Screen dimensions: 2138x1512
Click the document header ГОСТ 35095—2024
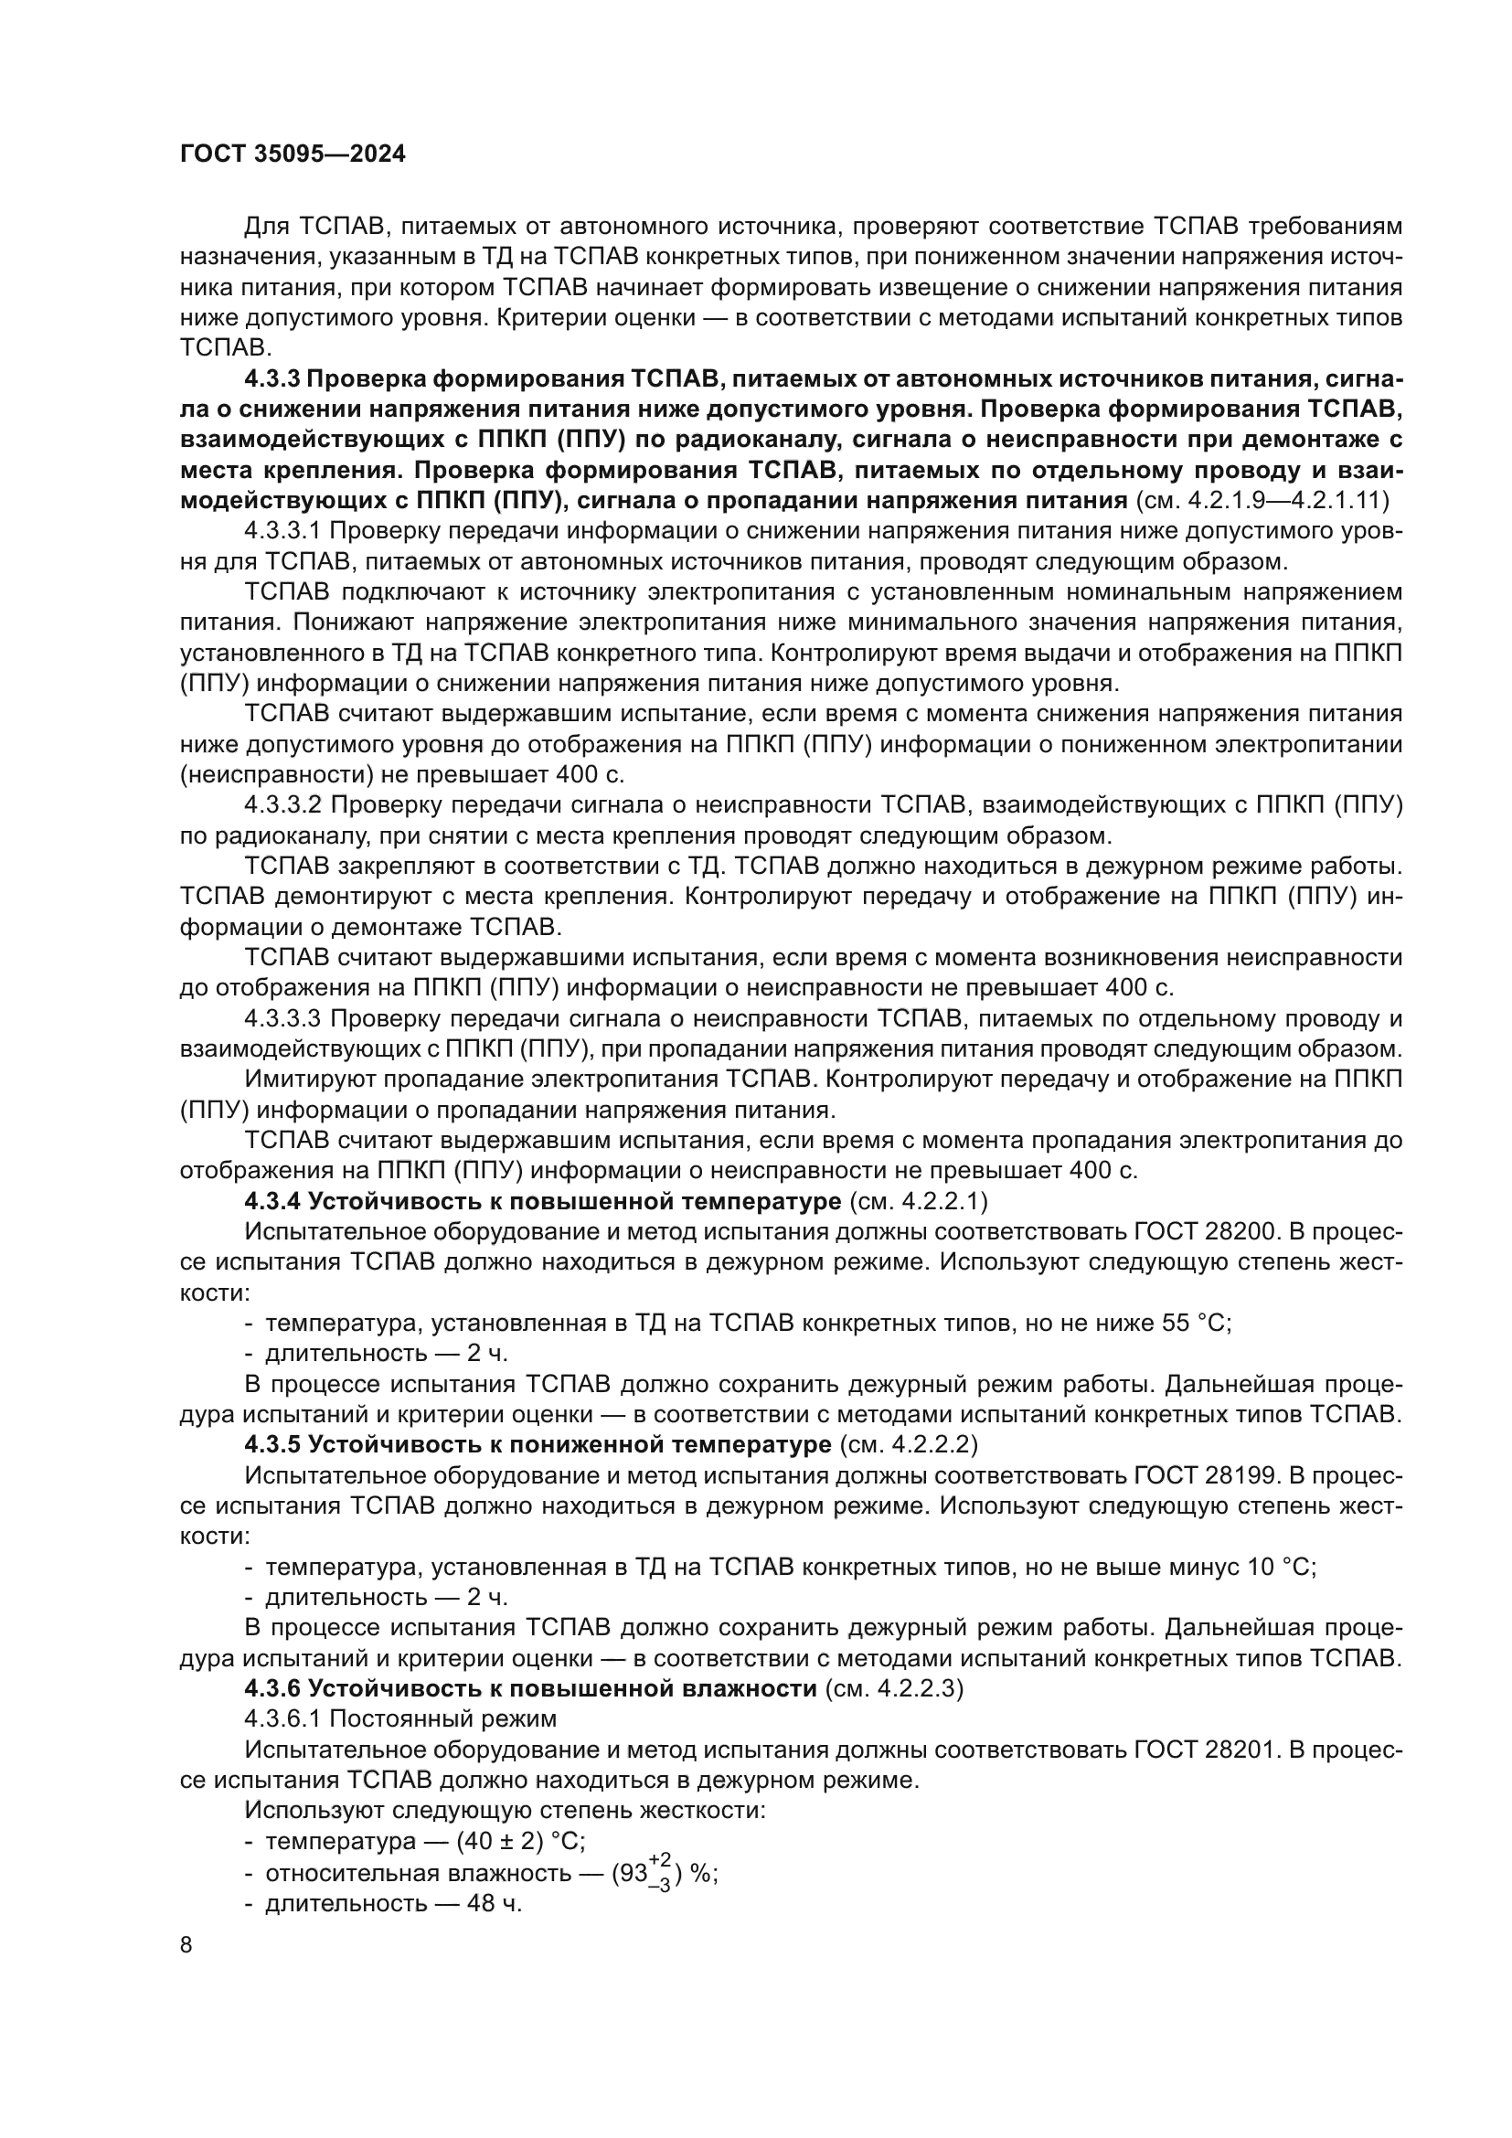(293, 154)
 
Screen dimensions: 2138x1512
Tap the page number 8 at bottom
(186, 1945)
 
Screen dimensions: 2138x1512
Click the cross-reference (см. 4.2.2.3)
(894, 1689)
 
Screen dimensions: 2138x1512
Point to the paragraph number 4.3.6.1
(282, 1720)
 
